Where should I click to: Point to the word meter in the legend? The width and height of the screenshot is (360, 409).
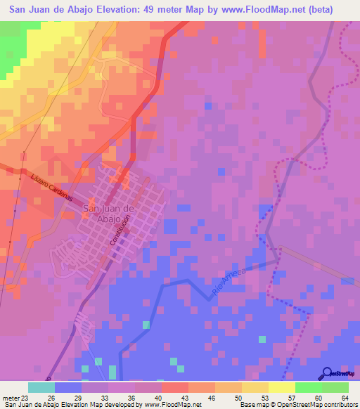click(x=9, y=398)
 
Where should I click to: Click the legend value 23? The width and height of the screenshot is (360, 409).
click(x=25, y=398)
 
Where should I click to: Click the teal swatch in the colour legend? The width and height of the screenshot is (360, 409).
click(x=41, y=387)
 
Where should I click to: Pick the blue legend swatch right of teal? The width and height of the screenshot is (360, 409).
click(x=67, y=387)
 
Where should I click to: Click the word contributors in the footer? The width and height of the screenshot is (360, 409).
click(x=340, y=405)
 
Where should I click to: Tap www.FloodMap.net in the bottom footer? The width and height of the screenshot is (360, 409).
click(x=160, y=405)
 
